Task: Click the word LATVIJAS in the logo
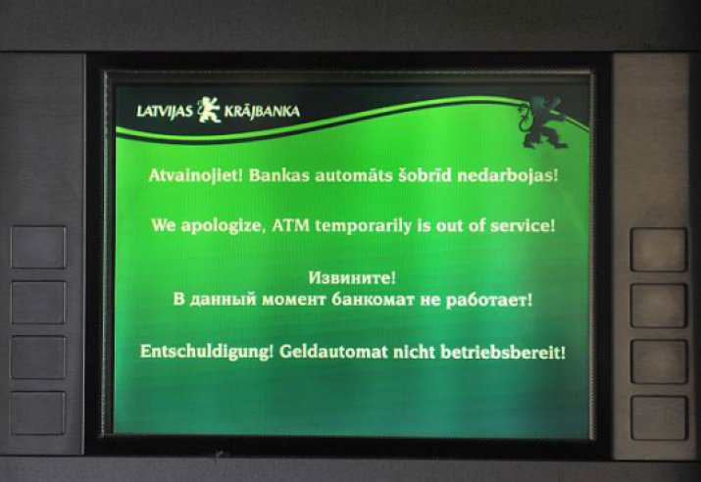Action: (165, 112)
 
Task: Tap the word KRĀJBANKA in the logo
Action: (262, 112)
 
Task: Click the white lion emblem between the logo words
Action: (209, 110)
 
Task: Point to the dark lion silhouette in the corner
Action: (542, 122)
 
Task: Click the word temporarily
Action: (363, 226)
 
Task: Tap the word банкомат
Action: (373, 300)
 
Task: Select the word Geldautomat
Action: (333, 352)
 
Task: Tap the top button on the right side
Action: (659, 250)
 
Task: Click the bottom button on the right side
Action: (659, 417)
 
